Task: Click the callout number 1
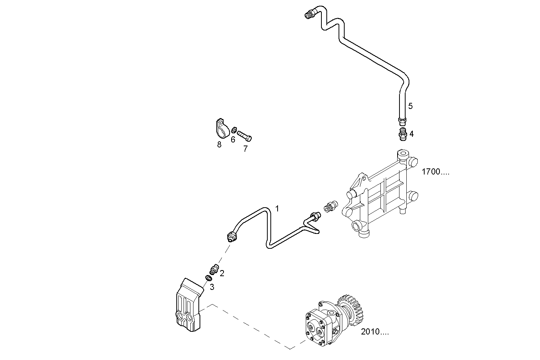click(x=277, y=209)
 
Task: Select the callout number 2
click(x=222, y=273)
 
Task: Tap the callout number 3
click(x=212, y=287)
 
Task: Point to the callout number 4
click(x=411, y=134)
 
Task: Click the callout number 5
click(x=410, y=106)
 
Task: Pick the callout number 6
click(x=233, y=140)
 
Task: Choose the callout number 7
click(x=245, y=149)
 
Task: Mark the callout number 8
click(x=219, y=145)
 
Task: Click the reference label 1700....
click(x=435, y=172)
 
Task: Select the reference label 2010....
click(x=375, y=332)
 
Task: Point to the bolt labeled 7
click(x=244, y=135)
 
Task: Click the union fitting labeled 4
click(x=402, y=134)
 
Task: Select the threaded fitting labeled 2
click(x=214, y=269)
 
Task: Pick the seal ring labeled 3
click(x=208, y=278)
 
